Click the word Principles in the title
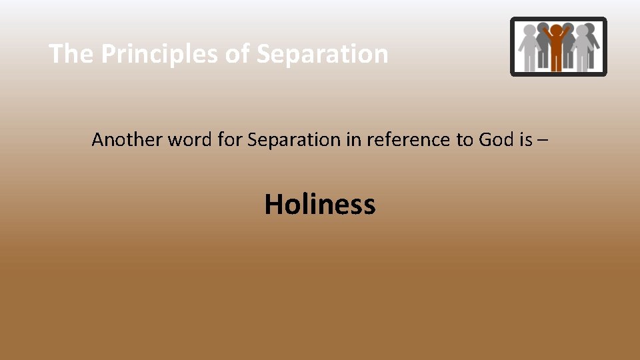click(x=159, y=54)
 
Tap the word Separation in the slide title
click(x=322, y=54)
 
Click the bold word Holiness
click(x=320, y=204)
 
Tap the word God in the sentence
click(x=495, y=140)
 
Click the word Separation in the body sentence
click(x=293, y=140)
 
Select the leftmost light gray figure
click(x=530, y=47)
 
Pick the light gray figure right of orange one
click(x=581, y=47)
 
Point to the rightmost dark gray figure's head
click(x=590, y=29)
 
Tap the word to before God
click(x=464, y=140)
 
